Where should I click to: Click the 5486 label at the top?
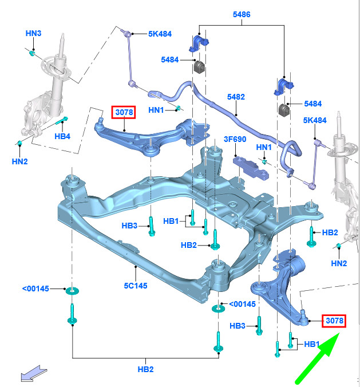coord(242,14)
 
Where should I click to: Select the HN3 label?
coord(33,33)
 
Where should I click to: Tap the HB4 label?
coord(62,136)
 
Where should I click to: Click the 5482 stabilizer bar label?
coord(236,97)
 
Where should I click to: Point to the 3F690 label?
coord(235,139)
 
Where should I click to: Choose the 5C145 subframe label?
coord(136,286)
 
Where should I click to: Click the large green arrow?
coord(318,357)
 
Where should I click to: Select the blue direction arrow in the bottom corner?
coord(34,373)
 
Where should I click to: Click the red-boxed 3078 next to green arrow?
coord(334,321)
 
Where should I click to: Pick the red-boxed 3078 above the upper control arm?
coord(124,112)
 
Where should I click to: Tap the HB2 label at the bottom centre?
coord(145,369)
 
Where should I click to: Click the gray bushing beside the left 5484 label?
coord(199,67)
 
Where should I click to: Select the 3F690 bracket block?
coord(251,168)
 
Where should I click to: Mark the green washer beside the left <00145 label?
coord(72,291)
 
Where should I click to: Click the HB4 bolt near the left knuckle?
coord(62,121)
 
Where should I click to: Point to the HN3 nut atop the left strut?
coord(32,53)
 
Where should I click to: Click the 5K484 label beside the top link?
coord(160,34)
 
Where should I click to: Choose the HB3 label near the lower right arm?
coord(238,326)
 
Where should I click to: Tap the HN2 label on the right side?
coord(339,263)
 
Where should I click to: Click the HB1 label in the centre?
coord(171,221)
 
